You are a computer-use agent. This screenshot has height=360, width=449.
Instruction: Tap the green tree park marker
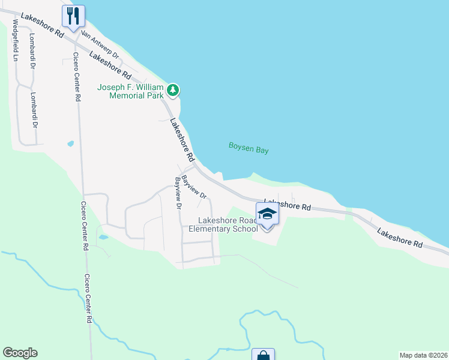tap(173, 91)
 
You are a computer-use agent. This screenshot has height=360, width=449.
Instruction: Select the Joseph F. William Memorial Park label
tap(130, 91)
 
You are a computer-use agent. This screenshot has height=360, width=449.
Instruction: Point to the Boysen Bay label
tap(249, 148)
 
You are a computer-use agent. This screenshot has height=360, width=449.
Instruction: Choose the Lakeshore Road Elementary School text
tap(223, 224)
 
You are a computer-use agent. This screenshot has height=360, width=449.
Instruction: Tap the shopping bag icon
tap(263, 356)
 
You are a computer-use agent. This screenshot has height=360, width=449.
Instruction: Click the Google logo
tap(20, 353)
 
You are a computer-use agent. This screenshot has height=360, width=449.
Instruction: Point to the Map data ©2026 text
tap(423, 355)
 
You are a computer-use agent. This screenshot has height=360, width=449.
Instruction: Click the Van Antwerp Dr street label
tap(100, 45)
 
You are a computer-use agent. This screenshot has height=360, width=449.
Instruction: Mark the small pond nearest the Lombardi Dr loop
tap(71, 144)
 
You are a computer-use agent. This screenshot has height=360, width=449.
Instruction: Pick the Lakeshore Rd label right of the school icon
tap(288, 205)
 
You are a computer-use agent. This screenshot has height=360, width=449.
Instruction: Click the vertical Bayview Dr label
tap(178, 193)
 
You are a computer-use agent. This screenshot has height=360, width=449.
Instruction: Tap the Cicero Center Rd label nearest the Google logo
tap(88, 299)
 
